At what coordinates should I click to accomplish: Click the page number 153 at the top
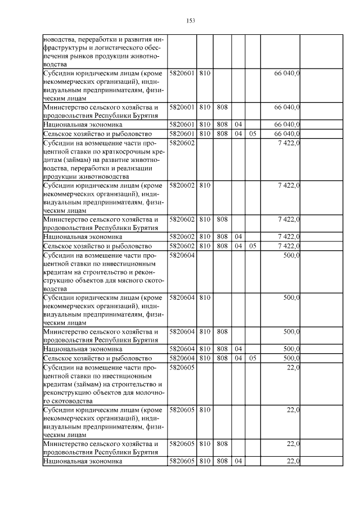(190, 21)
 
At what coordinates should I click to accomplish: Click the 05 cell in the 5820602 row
(253, 246)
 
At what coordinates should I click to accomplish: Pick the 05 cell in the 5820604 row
(253, 358)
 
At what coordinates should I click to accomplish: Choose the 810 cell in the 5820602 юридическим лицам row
(204, 184)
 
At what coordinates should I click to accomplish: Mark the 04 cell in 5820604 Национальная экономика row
(238, 349)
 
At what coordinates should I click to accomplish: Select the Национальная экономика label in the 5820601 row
(82, 124)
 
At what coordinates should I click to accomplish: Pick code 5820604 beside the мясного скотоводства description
(181, 255)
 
